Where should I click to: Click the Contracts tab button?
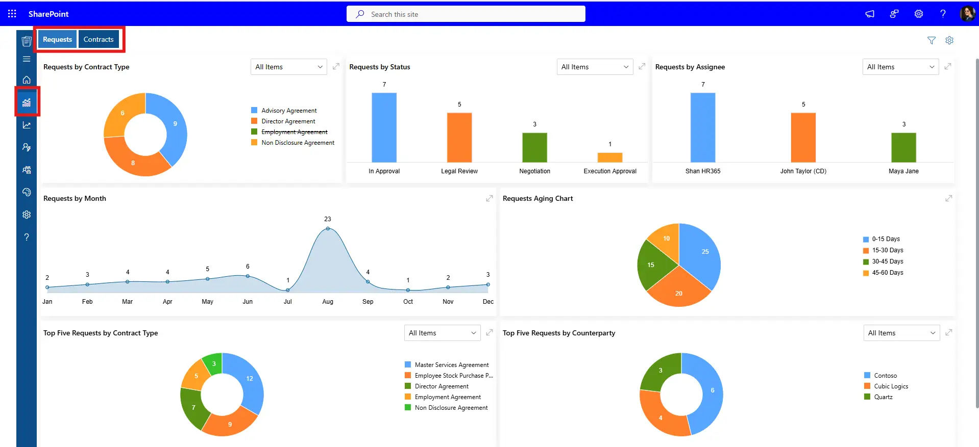pos(99,39)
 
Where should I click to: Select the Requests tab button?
pos(57,39)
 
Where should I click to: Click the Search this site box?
pos(466,14)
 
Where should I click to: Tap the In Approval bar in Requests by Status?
pos(384,127)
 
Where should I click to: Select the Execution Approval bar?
pos(609,157)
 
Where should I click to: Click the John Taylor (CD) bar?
pos(803,138)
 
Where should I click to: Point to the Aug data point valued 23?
pos(328,228)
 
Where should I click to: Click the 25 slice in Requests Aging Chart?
pos(702,255)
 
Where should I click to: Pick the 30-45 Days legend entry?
pos(887,261)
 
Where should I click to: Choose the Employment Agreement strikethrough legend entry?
pos(294,132)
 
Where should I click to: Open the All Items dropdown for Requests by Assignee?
pos(900,67)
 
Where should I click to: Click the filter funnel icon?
pos(932,40)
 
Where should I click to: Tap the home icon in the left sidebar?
pos(27,80)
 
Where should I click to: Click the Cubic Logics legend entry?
pos(891,386)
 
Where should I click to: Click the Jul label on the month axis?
pos(287,302)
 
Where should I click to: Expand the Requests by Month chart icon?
pos(489,198)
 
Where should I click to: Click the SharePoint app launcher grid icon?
pos(12,14)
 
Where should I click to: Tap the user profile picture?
pos(967,14)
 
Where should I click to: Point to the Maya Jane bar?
pos(903,147)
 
